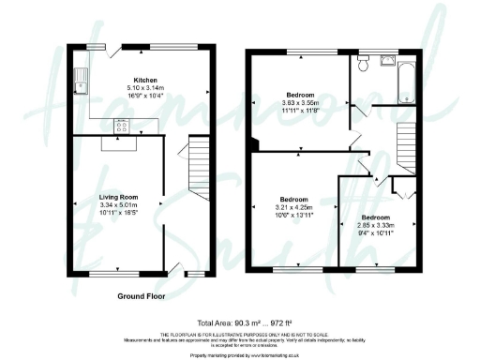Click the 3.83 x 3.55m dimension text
pyautogui.click(x=300, y=104)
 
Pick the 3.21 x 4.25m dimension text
pyautogui.click(x=294, y=207)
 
